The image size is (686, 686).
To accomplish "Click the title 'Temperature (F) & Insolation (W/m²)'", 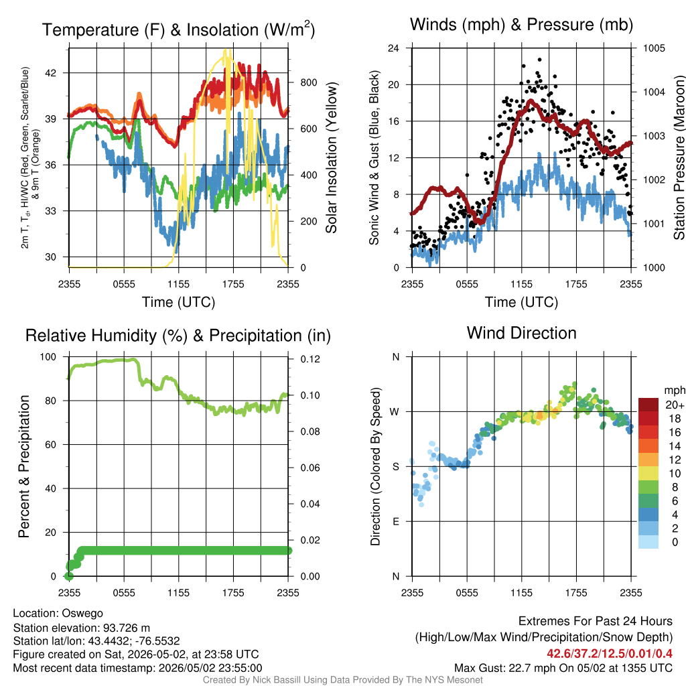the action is (x=178, y=29).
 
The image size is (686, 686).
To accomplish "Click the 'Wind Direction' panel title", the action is (x=521, y=333).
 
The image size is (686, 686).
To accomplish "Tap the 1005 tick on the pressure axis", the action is (x=654, y=48).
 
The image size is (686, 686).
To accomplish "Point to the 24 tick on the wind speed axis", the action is (x=393, y=48).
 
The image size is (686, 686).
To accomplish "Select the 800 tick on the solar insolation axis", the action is (x=308, y=82).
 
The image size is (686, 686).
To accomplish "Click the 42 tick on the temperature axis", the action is (x=51, y=73).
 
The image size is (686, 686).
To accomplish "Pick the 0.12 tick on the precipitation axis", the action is (x=310, y=359).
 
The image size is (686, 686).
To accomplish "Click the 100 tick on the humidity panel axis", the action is (x=48, y=357).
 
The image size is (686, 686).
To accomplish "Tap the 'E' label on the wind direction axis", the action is (x=396, y=521).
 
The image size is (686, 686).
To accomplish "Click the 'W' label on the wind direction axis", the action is (x=395, y=412).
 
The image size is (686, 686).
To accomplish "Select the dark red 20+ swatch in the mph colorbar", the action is (x=648, y=405).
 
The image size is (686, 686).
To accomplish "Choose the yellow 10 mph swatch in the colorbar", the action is (x=648, y=474).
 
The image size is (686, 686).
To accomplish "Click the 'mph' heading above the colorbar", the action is (x=674, y=391).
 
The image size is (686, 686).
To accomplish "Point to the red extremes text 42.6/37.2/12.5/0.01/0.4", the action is (x=610, y=654).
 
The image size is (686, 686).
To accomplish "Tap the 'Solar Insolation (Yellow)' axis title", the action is (x=332, y=157).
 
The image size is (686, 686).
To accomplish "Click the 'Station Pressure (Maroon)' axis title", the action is (x=679, y=157).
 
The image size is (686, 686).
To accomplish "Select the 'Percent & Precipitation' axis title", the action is (x=24, y=466).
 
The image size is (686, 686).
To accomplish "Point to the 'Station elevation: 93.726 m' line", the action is (x=81, y=628).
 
